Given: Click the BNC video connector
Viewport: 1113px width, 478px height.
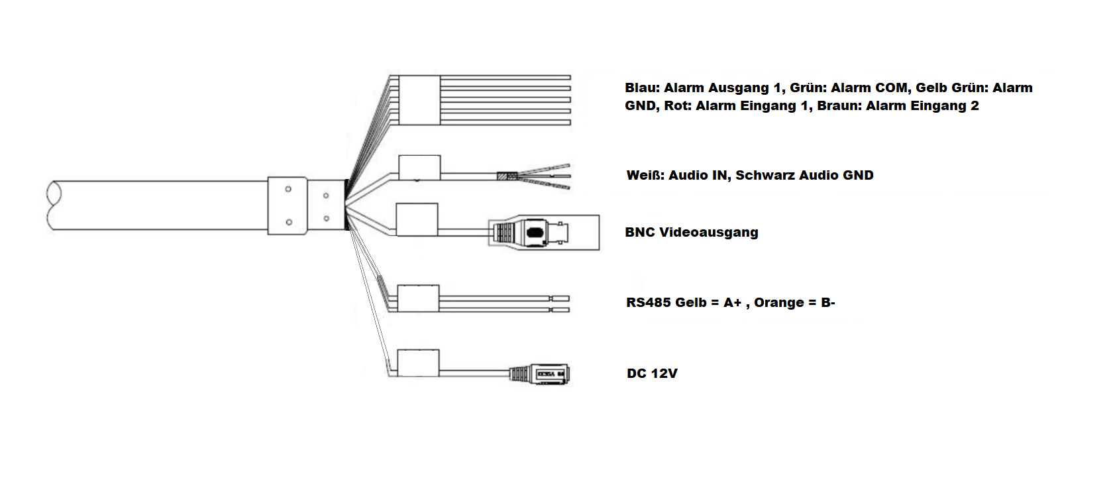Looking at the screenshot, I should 530,233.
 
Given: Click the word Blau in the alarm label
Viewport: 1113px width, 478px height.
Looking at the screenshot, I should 641,88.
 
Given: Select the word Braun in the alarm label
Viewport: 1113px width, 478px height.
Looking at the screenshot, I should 839,106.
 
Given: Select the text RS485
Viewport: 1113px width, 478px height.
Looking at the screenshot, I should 646,303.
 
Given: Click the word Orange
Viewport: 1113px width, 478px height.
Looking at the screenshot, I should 778,303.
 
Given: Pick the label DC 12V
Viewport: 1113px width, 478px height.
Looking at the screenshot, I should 652,374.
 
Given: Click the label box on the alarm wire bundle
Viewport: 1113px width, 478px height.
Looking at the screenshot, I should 419,100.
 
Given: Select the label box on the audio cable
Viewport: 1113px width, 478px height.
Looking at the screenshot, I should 419,168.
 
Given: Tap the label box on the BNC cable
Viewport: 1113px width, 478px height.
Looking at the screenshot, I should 417,219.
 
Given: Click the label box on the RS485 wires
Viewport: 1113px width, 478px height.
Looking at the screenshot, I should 417,298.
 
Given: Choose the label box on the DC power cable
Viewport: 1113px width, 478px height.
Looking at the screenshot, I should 417,363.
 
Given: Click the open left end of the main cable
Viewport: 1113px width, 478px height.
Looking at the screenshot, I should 54,206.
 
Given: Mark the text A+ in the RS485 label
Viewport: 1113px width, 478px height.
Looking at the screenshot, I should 732,303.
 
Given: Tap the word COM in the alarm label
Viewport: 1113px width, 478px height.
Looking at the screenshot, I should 892,88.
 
